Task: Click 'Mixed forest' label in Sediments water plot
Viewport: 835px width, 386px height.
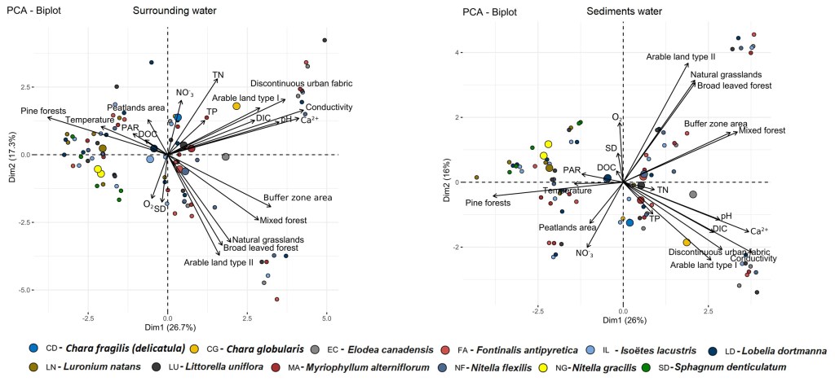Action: tap(762, 130)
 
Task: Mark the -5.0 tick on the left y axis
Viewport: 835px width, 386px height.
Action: tap(26, 290)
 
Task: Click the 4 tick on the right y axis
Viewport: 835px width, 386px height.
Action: tap(458, 53)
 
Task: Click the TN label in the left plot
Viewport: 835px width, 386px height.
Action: tap(218, 76)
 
